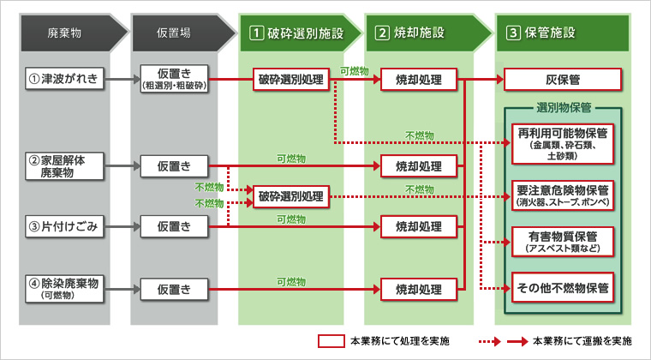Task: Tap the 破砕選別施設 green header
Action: coord(296,33)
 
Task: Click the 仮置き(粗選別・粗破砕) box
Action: coord(175,81)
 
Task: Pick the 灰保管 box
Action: coord(563,81)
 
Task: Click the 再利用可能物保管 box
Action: coord(563,141)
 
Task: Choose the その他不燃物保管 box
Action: coord(563,288)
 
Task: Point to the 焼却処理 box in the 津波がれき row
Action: coord(418,81)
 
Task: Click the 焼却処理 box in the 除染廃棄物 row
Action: coord(418,288)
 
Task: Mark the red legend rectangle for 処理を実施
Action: coord(331,340)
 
